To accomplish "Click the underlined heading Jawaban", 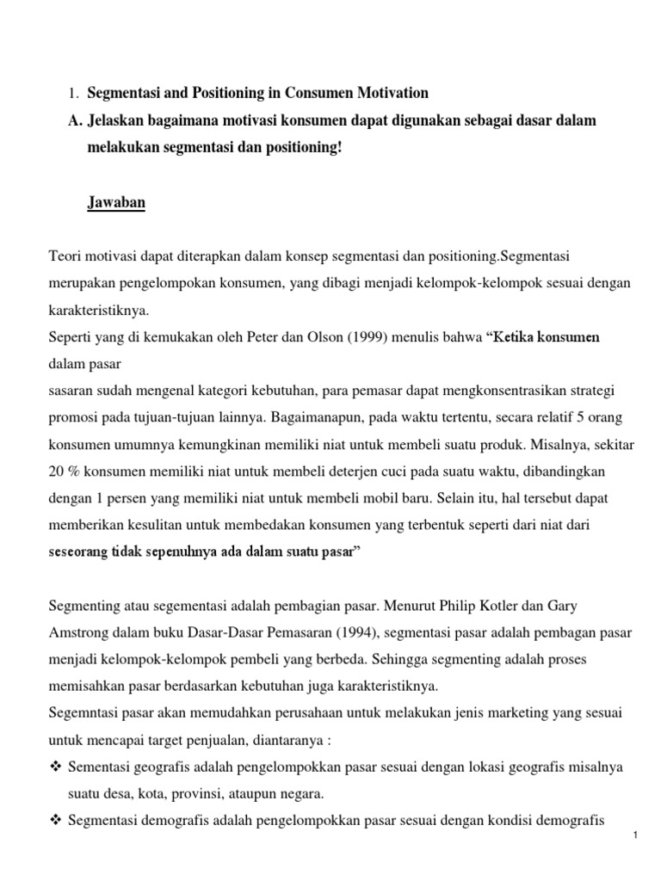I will (116, 203).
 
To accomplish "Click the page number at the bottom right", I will (633, 859).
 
